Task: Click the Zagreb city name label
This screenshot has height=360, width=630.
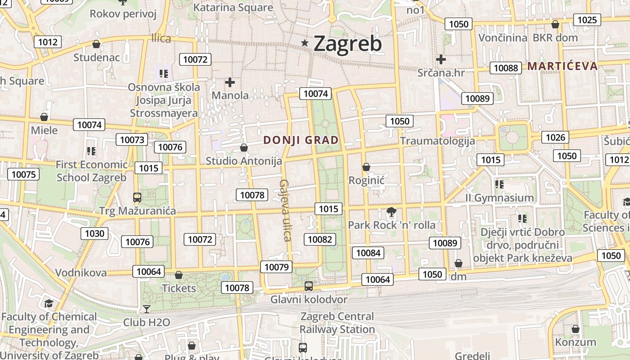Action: click(347, 43)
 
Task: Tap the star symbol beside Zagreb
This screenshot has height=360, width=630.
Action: click(305, 43)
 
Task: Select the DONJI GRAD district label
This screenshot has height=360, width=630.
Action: click(301, 140)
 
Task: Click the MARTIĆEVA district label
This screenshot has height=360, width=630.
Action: click(562, 66)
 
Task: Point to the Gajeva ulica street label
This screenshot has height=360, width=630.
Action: click(286, 210)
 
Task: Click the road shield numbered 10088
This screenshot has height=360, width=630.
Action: click(505, 68)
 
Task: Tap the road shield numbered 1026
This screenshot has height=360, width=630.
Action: click(555, 137)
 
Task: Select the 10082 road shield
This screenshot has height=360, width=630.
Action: click(320, 239)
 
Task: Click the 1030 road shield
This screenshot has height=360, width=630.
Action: click(94, 233)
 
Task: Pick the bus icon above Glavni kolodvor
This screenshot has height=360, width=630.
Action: click(309, 286)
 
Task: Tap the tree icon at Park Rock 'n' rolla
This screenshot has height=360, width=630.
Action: click(391, 211)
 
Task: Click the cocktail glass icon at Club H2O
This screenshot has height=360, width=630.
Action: click(146, 309)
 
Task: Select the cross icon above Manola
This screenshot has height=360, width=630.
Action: click(230, 82)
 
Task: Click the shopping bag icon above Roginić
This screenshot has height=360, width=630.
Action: click(366, 167)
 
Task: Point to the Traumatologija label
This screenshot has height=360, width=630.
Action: click(437, 141)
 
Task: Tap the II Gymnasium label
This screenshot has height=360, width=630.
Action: click(499, 198)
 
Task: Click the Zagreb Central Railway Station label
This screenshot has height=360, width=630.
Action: click(337, 323)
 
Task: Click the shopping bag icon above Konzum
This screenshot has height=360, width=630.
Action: click(575, 329)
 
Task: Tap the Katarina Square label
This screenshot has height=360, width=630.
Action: click(233, 8)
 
